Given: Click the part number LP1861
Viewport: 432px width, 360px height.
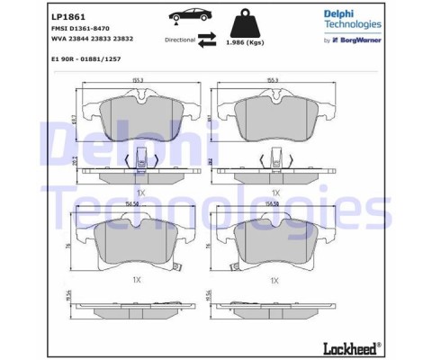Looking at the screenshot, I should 67,17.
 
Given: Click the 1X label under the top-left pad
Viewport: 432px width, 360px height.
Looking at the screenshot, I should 139,193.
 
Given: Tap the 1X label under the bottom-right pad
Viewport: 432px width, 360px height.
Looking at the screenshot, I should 275,281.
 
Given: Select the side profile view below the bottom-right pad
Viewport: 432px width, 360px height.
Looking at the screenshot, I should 275,306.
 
